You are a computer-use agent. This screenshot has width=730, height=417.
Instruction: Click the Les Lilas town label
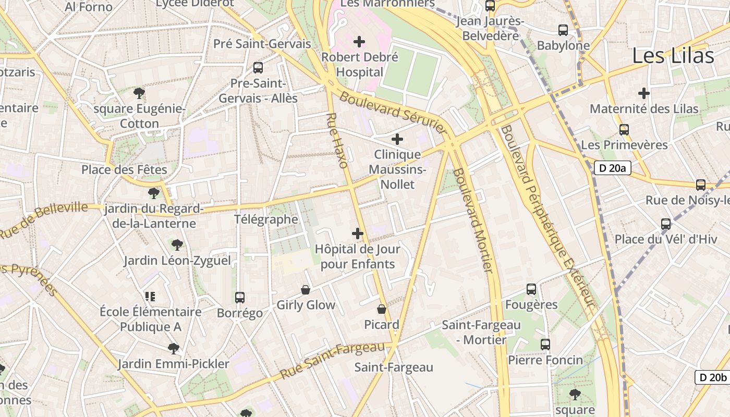coord(673,56)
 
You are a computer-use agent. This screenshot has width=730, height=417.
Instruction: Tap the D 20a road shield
coord(613,168)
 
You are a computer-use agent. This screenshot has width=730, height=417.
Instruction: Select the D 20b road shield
coord(713,377)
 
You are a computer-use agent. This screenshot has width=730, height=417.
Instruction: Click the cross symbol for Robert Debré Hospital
coord(359,41)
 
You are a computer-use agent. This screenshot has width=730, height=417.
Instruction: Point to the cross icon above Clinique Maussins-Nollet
coord(397,139)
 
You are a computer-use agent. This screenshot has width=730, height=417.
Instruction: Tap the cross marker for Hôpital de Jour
coord(358,234)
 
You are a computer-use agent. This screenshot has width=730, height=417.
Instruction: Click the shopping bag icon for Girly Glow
coord(306,290)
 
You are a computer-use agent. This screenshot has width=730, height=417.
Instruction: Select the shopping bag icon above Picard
coord(382,309)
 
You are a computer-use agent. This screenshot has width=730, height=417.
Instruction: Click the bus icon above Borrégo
coord(240,298)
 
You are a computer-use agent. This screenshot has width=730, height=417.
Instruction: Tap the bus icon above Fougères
coord(531,289)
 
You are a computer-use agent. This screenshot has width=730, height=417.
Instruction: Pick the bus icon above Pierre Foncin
coord(545,345)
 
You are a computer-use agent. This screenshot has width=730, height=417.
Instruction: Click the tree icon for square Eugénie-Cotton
coord(139,93)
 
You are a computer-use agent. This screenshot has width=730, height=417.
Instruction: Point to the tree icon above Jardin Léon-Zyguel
coord(177,244)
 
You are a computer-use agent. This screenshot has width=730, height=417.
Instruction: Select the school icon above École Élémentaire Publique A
coord(151,297)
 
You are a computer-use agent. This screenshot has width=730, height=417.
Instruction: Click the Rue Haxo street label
coord(337,140)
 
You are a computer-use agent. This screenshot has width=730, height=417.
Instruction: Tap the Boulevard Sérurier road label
coord(393,113)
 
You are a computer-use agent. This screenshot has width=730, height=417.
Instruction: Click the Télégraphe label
coord(266,219)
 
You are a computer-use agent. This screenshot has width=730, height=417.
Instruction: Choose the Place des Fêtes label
coord(124,170)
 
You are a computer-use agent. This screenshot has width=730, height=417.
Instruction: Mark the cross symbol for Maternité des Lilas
coord(644,93)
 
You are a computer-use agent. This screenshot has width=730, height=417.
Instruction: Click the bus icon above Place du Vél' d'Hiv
coord(666,224)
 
